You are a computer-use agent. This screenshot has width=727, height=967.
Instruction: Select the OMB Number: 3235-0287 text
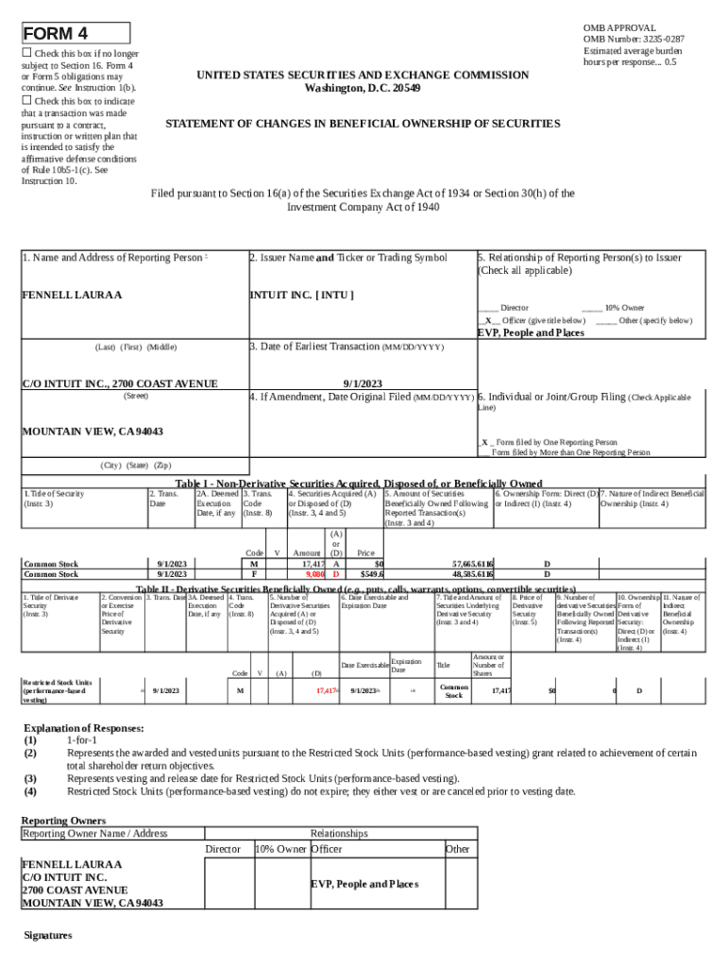(634, 39)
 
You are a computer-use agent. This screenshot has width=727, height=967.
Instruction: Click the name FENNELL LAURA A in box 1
(72, 296)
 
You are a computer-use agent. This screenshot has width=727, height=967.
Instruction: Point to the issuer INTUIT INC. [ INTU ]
(301, 296)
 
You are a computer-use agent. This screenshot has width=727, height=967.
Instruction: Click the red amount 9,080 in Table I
(314, 574)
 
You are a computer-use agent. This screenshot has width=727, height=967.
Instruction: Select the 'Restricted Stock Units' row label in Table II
(58, 690)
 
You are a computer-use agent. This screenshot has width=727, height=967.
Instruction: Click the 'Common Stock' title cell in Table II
(453, 690)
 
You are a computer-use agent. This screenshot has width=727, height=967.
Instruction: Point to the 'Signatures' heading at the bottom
(48, 935)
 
